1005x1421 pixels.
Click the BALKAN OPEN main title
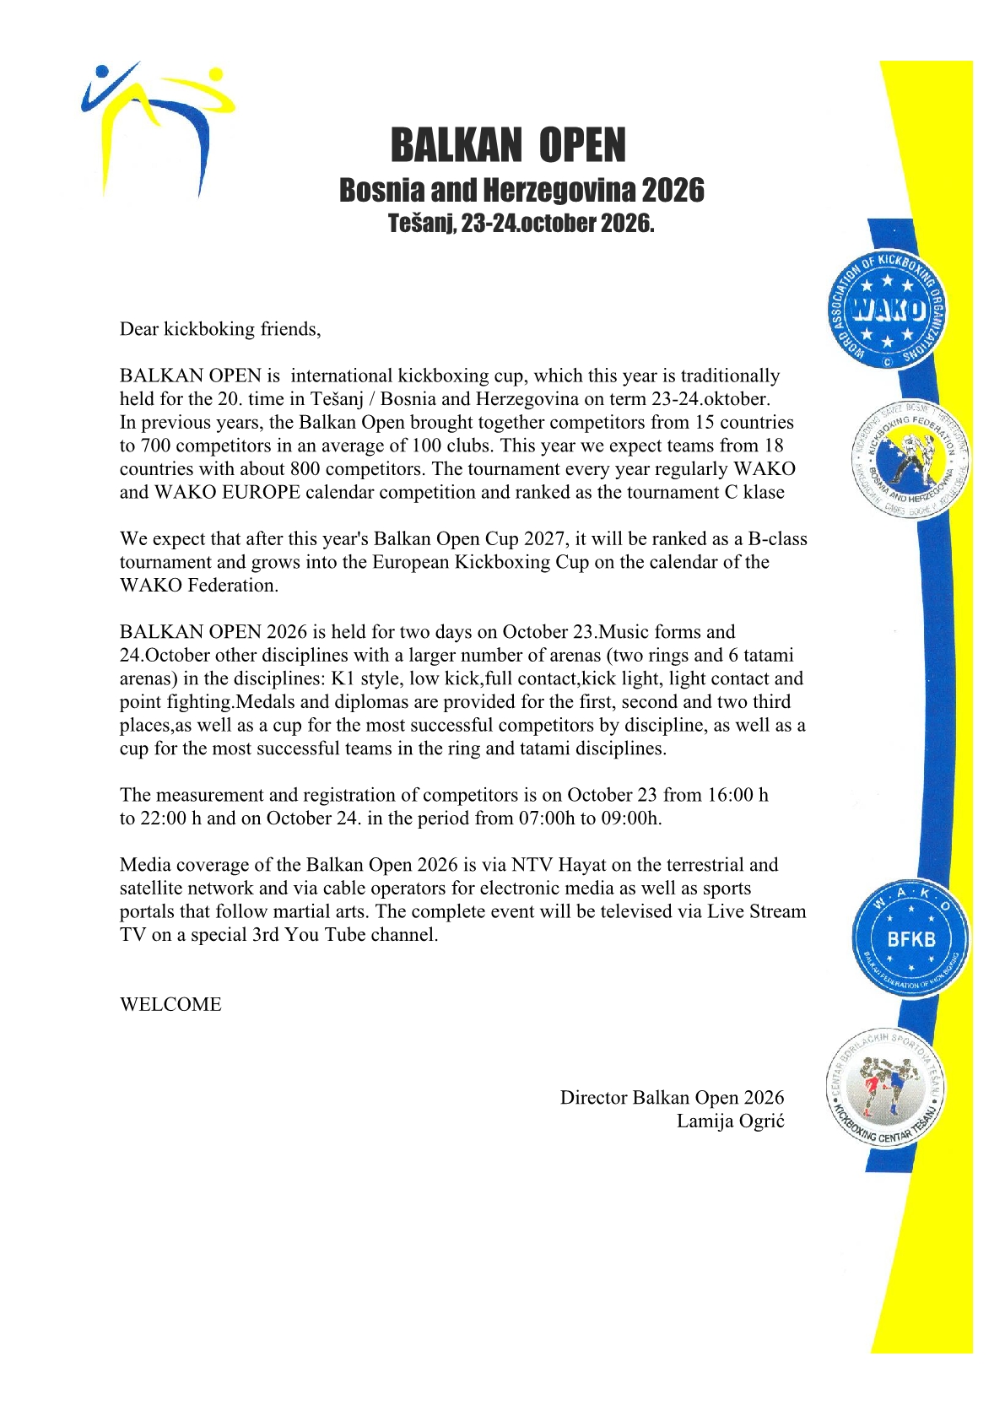[x=508, y=146]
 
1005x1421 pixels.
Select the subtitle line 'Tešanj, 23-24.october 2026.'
[x=521, y=224]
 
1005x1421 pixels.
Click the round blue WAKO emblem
[x=886, y=311]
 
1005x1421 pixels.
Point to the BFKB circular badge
[x=910, y=938]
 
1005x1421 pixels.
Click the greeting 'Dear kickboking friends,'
[x=220, y=329]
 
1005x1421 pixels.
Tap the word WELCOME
[x=170, y=1005]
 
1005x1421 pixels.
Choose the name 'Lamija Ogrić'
[x=730, y=1121]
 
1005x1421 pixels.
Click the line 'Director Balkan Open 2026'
[x=672, y=1098]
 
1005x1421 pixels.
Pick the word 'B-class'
[x=777, y=539]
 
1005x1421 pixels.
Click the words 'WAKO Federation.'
[x=199, y=586]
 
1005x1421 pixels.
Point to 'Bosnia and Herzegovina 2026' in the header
[x=521, y=191]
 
